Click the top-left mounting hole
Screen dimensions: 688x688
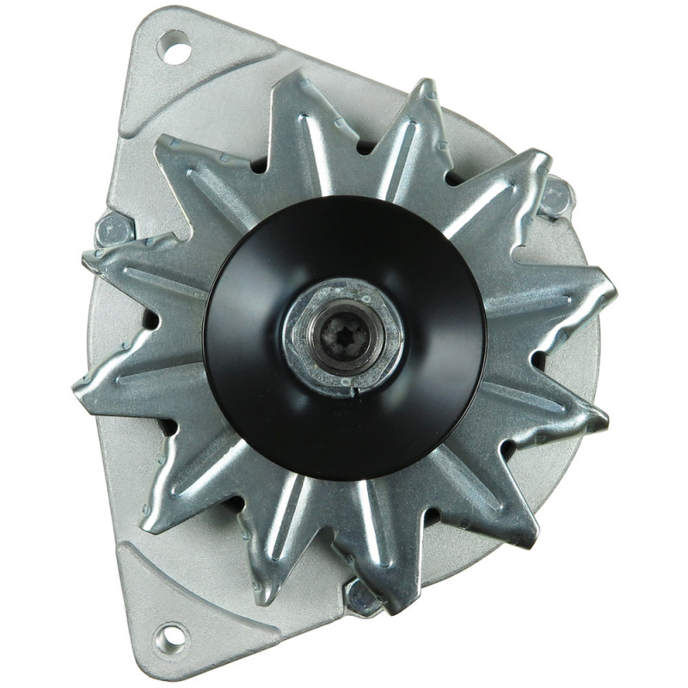click(x=175, y=47)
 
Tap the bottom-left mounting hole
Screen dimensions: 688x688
click(x=172, y=637)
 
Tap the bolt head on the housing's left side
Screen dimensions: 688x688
click(x=112, y=230)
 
